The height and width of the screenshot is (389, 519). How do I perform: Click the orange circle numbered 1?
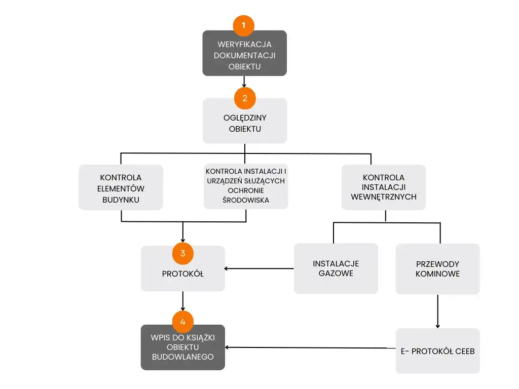coord(244,25)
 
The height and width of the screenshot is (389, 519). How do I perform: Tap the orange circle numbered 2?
coord(245,98)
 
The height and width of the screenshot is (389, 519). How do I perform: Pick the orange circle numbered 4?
coord(183,321)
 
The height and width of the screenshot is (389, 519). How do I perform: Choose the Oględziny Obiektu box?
coord(245,123)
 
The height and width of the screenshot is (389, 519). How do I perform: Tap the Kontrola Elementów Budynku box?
coord(121,188)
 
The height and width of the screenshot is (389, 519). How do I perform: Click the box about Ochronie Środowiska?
coord(246,186)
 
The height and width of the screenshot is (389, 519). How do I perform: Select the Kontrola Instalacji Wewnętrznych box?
coord(384,187)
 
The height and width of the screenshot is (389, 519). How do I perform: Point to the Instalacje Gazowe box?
coord(336,268)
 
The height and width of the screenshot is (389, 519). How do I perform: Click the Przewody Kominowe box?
coord(437,268)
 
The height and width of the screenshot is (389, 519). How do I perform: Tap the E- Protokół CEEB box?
coord(437,351)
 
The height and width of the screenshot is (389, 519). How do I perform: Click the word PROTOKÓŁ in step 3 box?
coord(183,274)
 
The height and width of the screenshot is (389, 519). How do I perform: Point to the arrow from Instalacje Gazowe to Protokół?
coord(259,268)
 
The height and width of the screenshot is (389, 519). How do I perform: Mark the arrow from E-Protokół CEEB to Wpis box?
coord(309,347)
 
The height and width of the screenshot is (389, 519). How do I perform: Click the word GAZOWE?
coord(336,274)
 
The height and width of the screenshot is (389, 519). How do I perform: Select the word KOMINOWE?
coord(437,274)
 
